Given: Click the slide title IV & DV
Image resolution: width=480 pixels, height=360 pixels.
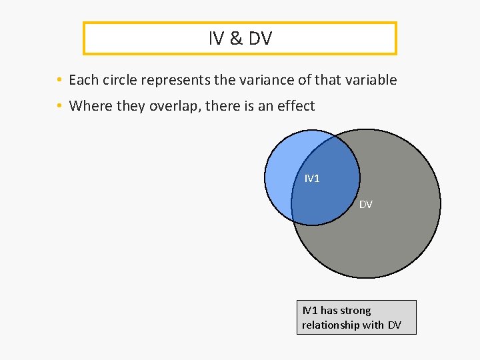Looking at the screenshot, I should tap(240, 39).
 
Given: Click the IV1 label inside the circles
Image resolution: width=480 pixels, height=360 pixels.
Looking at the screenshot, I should tap(312, 179).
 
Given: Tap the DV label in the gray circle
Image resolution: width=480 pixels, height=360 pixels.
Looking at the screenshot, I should tap(366, 205).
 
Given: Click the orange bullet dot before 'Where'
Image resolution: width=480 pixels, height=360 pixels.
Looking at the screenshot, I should tap(60, 106).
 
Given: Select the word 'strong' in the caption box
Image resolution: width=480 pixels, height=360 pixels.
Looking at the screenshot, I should tap(355, 311).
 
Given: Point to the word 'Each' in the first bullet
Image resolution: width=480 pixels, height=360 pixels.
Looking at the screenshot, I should tap(83, 81).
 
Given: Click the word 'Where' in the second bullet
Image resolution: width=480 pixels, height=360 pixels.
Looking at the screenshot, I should tap(89, 106).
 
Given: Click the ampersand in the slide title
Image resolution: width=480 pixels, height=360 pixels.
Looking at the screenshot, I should tap(236, 39).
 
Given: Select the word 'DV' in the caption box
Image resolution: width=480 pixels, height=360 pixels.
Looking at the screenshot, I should tap(395, 325).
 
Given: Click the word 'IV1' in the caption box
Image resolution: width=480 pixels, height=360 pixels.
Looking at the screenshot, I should tap(310, 311).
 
